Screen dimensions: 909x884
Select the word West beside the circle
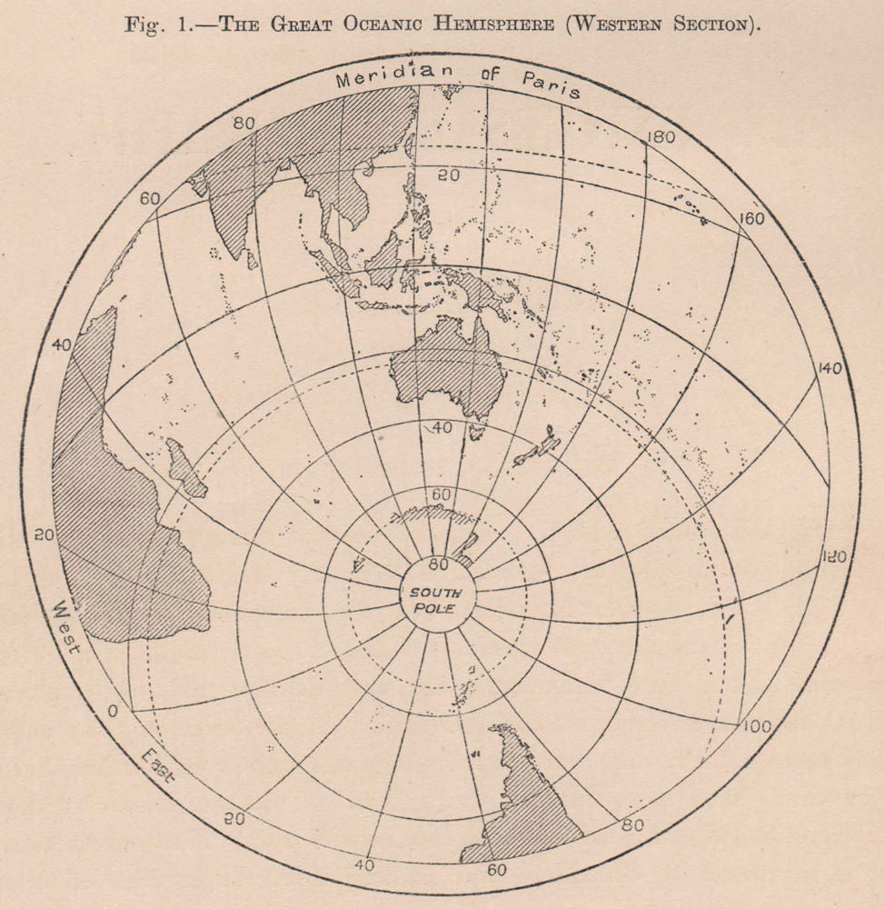[x=68, y=626]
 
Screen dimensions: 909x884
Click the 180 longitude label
[x=660, y=138]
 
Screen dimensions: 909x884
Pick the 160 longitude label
[x=750, y=218]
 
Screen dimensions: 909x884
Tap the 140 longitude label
[x=829, y=368]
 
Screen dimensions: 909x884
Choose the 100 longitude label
[x=756, y=725]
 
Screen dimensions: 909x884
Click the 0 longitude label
[x=112, y=711]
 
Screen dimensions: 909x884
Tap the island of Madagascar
[x=186, y=468]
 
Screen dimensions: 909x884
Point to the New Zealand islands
[x=536, y=449]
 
